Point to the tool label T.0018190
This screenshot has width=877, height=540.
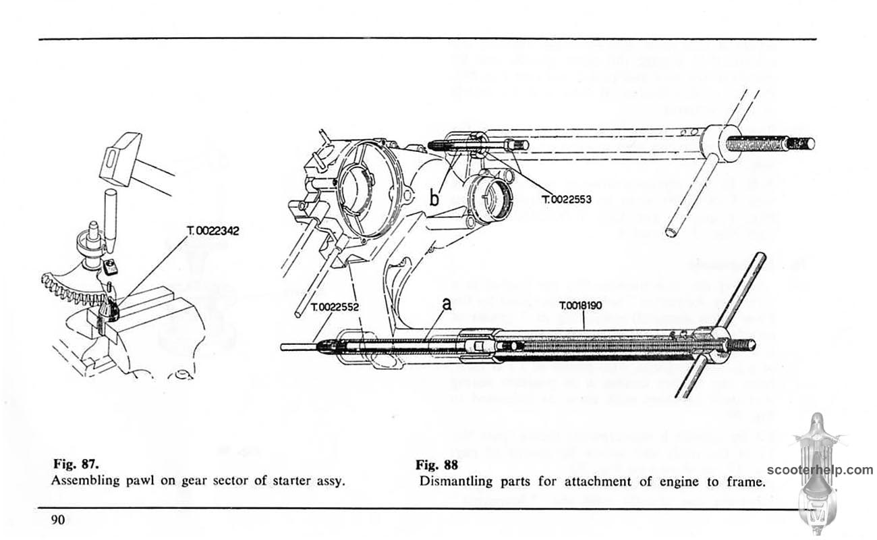pyautogui.click(x=584, y=306)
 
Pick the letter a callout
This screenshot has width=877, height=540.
pyautogui.click(x=447, y=305)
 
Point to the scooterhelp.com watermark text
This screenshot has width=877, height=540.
pyautogui.click(x=820, y=470)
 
